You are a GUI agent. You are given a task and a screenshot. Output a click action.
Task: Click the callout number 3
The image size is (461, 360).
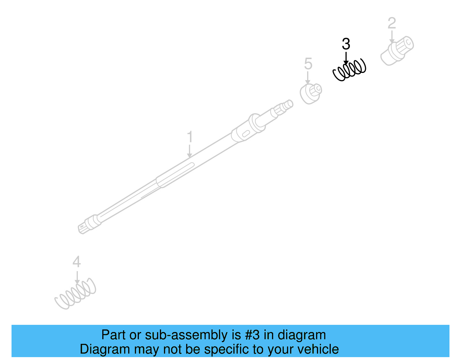click(x=346, y=44)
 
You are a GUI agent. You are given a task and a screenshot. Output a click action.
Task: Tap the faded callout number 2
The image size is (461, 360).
click(x=392, y=23)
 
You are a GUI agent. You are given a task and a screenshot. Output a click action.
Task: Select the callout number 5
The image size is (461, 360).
click(x=308, y=64)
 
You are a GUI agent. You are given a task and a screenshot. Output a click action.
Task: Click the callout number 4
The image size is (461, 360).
click(x=77, y=262)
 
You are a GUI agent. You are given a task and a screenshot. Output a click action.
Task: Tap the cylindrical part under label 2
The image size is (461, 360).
click(x=397, y=51)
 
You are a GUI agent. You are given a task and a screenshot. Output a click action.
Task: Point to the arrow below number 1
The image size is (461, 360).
click(x=190, y=151)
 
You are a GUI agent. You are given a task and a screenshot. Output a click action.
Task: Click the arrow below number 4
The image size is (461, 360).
click(x=77, y=278)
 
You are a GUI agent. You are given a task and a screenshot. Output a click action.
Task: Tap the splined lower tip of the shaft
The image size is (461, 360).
click(x=83, y=228)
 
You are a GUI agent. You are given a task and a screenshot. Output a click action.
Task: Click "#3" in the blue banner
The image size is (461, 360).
click(x=252, y=335)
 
